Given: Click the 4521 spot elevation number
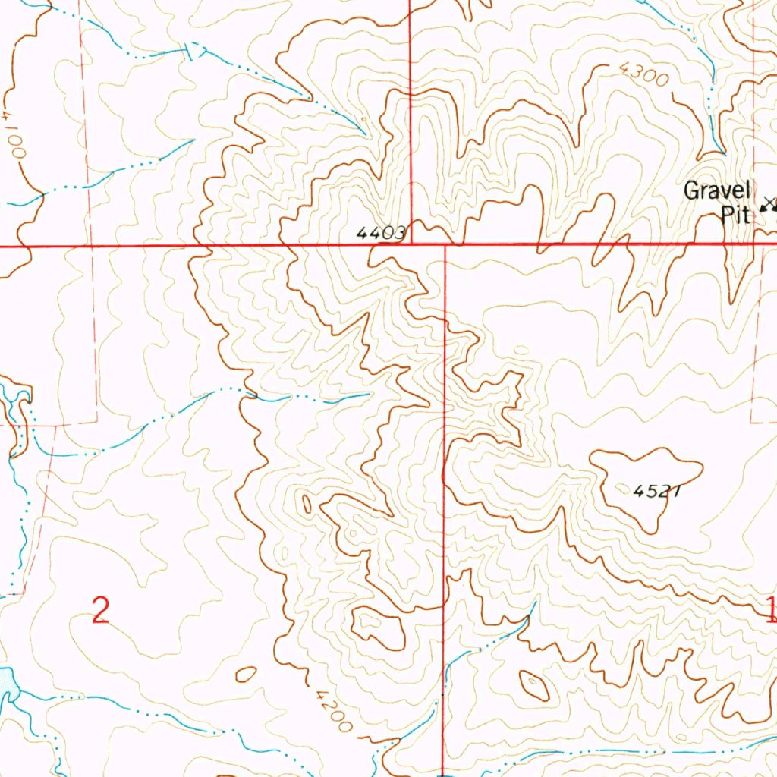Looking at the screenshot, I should (x=656, y=491).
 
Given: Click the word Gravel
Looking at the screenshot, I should (x=716, y=190).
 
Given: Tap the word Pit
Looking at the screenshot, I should (x=735, y=215).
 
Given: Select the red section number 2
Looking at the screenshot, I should (x=101, y=610).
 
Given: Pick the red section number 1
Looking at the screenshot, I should (x=770, y=609).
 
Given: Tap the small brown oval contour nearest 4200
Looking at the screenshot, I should (x=246, y=674).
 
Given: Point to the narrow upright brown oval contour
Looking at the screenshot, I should (x=307, y=503).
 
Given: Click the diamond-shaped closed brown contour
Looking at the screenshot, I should (x=535, y=685).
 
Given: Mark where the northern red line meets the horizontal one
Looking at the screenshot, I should (x=410, y=245).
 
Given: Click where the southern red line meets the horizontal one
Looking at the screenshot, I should (x=444, y=245).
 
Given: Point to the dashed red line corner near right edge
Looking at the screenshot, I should (x=752, y=421).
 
